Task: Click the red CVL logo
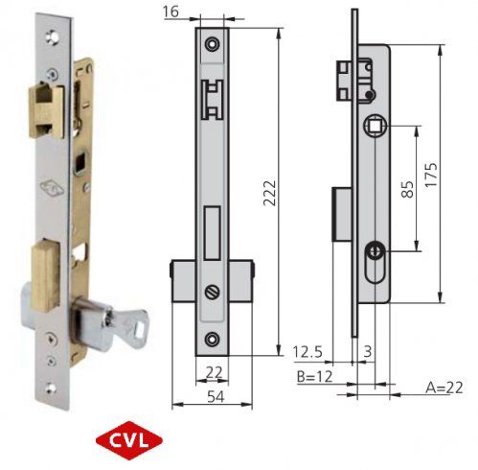[x=130, y=443]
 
